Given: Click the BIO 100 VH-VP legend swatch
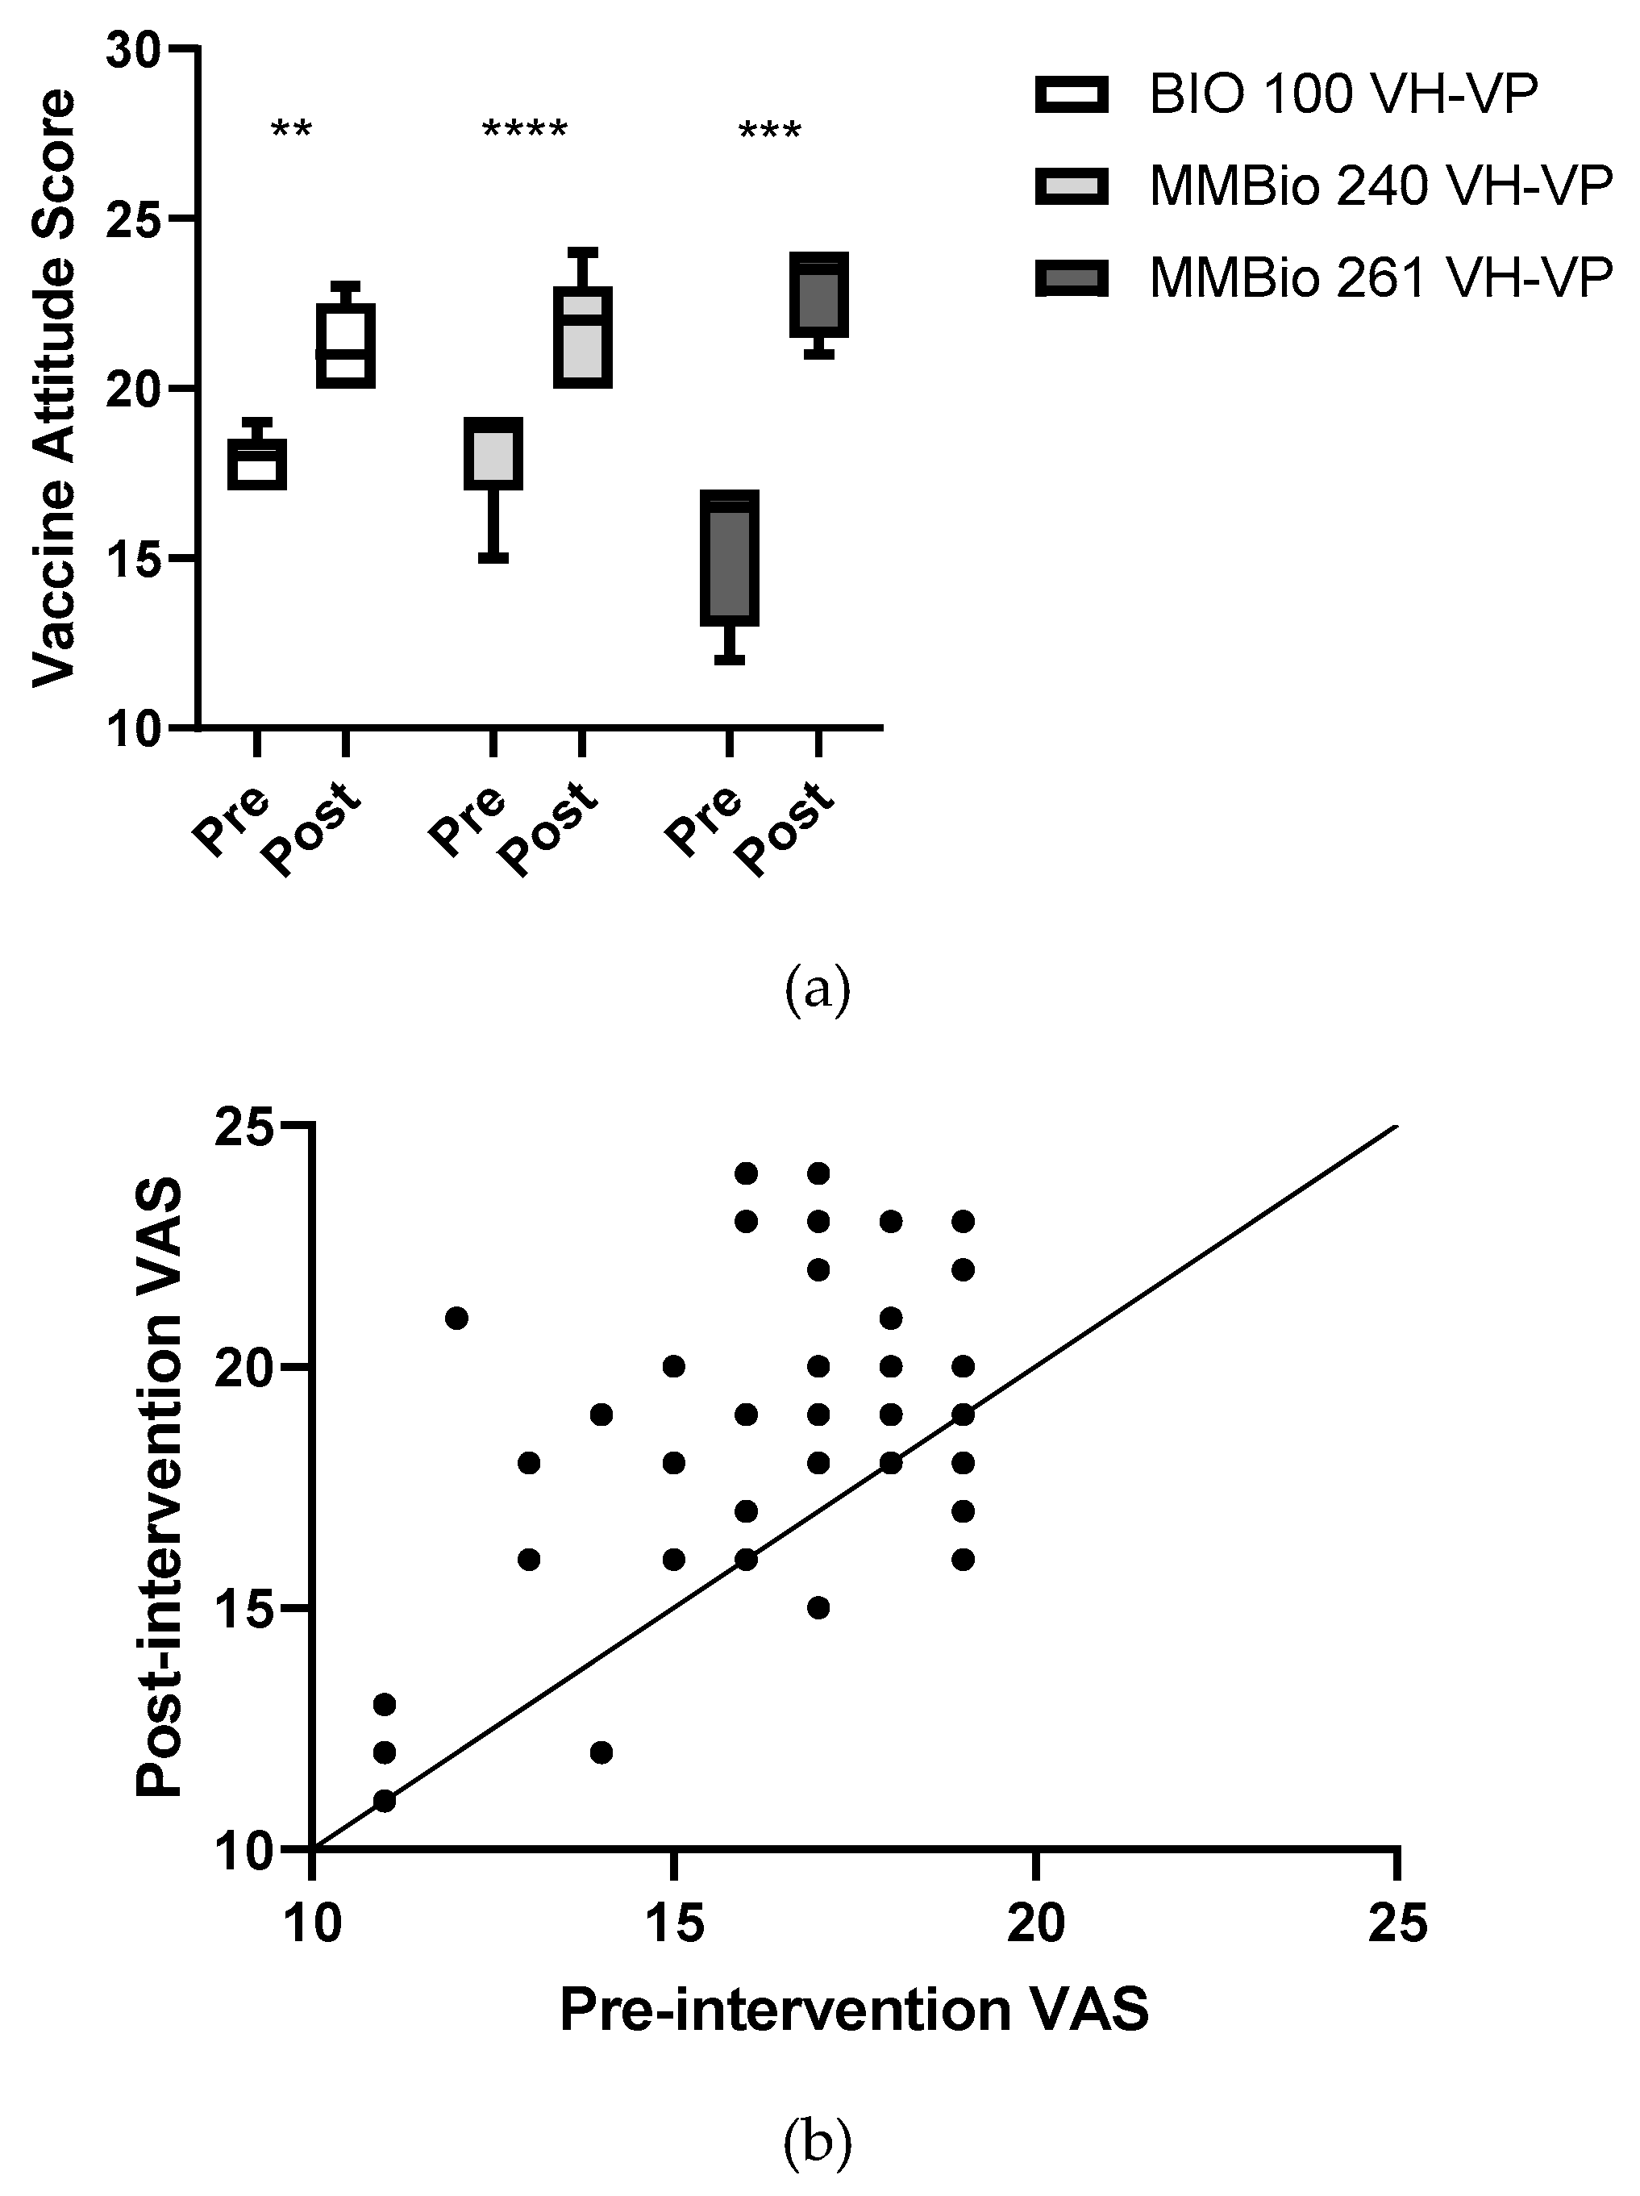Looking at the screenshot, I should click(x=1072, y=95).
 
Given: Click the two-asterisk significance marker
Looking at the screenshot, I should click(x=292, y=130).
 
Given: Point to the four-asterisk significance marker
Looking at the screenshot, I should click(x=524, y=130).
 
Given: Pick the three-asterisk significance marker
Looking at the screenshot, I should click(x=769, y=130).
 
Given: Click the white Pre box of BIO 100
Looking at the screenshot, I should click(x=257, y=464).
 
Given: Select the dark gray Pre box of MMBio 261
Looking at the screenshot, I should click(x=730, y=558).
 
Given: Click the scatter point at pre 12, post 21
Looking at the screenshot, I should click(x=456, y=1319).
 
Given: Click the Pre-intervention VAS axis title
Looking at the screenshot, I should click(x=854, y=2011).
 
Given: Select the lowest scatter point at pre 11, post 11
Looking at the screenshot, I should click(x=384, y=1801).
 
